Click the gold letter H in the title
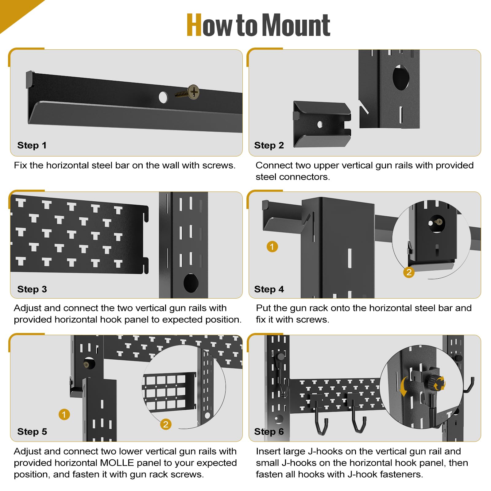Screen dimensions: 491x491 [194, 25]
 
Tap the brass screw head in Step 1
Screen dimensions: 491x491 [194, 92]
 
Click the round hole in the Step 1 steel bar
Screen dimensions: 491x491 [163, 97]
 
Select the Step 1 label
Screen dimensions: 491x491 [32, 145]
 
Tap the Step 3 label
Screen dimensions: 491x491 [32, 289]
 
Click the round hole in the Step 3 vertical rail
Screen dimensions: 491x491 [191, 283]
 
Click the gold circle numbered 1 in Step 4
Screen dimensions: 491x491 [272, 246]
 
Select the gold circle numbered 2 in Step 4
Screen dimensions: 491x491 [409, 272]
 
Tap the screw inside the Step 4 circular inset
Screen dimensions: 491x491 [439, 222]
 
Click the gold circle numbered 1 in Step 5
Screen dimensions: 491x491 [64, 415]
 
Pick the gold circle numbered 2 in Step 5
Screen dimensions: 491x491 [166, 424]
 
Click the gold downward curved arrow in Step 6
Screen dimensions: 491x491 [404, 387]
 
